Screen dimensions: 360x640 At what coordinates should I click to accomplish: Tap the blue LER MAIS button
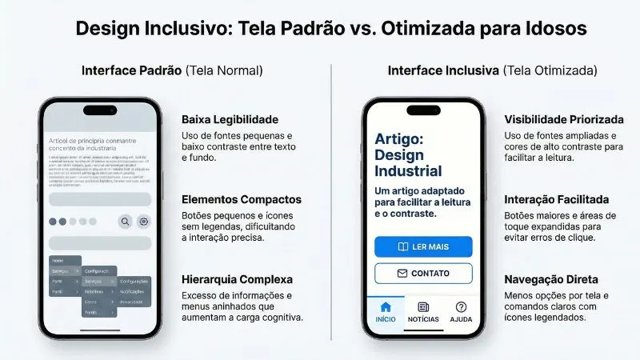click(x=423, y=246)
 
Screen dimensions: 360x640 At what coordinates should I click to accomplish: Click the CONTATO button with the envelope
click(x=423, y=273)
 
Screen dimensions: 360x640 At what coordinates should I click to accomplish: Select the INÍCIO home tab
click(x=386, y=311)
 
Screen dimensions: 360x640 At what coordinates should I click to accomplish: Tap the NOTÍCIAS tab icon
click(x=423, y=307)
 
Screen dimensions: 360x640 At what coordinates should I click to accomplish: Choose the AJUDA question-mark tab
click(x=461, y=307)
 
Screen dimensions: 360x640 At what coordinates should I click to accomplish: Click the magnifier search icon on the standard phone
click(x=125, y=222)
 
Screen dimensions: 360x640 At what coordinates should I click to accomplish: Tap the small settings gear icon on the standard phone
click(x=144, y=222)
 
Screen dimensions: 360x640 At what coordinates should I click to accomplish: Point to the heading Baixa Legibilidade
click(x=230, y=119)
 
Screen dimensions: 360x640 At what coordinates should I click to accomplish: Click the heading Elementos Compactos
click(x=242, y=199)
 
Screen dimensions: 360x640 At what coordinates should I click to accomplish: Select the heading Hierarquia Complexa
click(x=237, y=279)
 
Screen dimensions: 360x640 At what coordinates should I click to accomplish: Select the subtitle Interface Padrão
click(x=131, y=70)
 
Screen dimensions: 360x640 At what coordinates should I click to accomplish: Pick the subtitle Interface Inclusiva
click(x=444, y=70)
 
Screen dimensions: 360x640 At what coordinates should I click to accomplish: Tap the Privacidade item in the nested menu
click(x=133, y=303)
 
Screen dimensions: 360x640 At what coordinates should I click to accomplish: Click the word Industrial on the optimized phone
click(x=408, y=170)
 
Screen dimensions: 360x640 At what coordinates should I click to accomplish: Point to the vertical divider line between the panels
click(x=331, y=200)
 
